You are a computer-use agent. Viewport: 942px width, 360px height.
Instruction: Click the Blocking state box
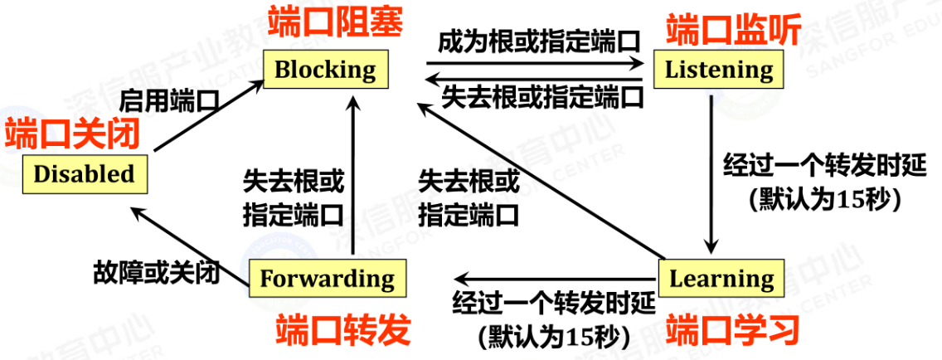pos(324,69)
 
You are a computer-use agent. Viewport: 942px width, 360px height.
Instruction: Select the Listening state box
pos(718,69)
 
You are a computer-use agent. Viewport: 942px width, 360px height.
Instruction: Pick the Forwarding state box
pos(327,279)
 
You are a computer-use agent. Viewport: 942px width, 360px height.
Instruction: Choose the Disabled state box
pos(84,173)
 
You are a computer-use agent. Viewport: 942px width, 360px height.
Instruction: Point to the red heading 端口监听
pos(734,31)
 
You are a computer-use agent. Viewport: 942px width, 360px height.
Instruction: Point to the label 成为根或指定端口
pos(541,41)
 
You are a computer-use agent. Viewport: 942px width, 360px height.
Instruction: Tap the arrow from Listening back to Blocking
pos(535,78)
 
